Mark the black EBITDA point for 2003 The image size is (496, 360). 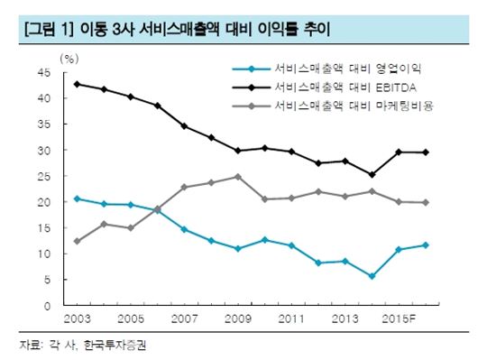pyautogui.click(x=77, y=84)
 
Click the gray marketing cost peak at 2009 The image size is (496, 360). pyautogui.click(x=238, y=177)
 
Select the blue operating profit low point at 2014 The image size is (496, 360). pyautogui.click(x=372, y=276)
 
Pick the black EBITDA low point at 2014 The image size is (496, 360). pyautogui.click(x=372, y=175)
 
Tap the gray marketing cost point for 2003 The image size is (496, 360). pyautogui.click(x=77, y=241)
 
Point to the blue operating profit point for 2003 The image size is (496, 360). pyautogui.click(x=77, y=198)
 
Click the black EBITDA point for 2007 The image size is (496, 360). pyautogui.click(x=184, y=126)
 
